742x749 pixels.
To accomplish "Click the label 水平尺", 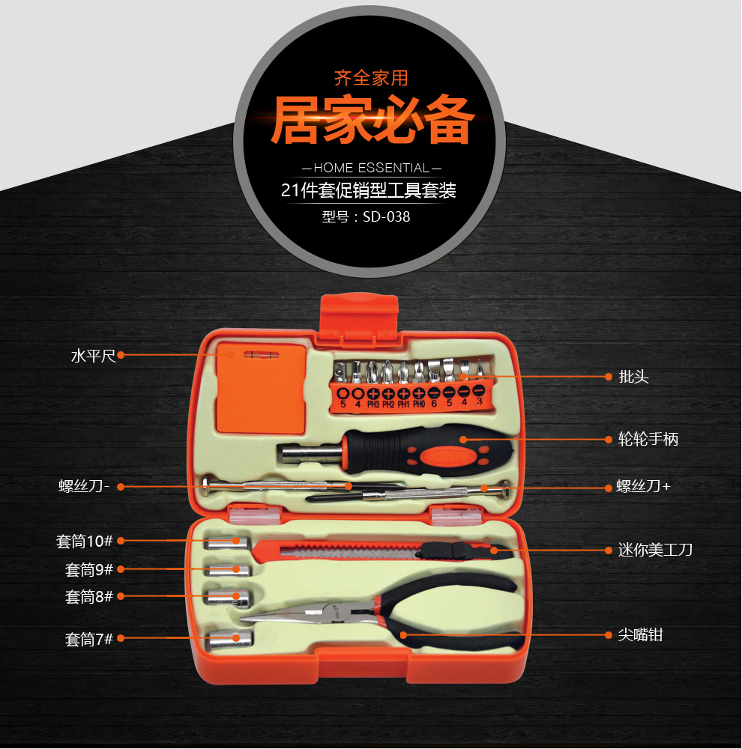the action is click(x=93, y=356).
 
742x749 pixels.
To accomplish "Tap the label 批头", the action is click(x=633, y=377).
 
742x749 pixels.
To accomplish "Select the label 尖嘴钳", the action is click(x=640, y=635).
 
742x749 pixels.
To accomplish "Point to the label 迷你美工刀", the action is click(x=655, y=550).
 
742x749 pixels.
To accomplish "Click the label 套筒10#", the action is click(x=84, y=542).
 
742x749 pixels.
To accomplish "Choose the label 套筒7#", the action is click(x=89, y=639).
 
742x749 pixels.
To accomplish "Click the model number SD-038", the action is click(x=386, y=217).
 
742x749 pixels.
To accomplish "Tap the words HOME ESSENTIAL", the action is click(x=372, y=168).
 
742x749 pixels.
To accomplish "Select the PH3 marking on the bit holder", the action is click(x=373, y=404).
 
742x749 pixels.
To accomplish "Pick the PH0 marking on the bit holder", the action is click(x=419, y=404).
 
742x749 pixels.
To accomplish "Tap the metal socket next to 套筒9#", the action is click(x=229, y=570).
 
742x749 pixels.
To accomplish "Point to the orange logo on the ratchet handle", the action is click(x=448, y=455).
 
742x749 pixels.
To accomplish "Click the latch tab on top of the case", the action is click(x=359, y=313).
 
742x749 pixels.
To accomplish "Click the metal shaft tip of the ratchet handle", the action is click(x=311, y=454).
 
